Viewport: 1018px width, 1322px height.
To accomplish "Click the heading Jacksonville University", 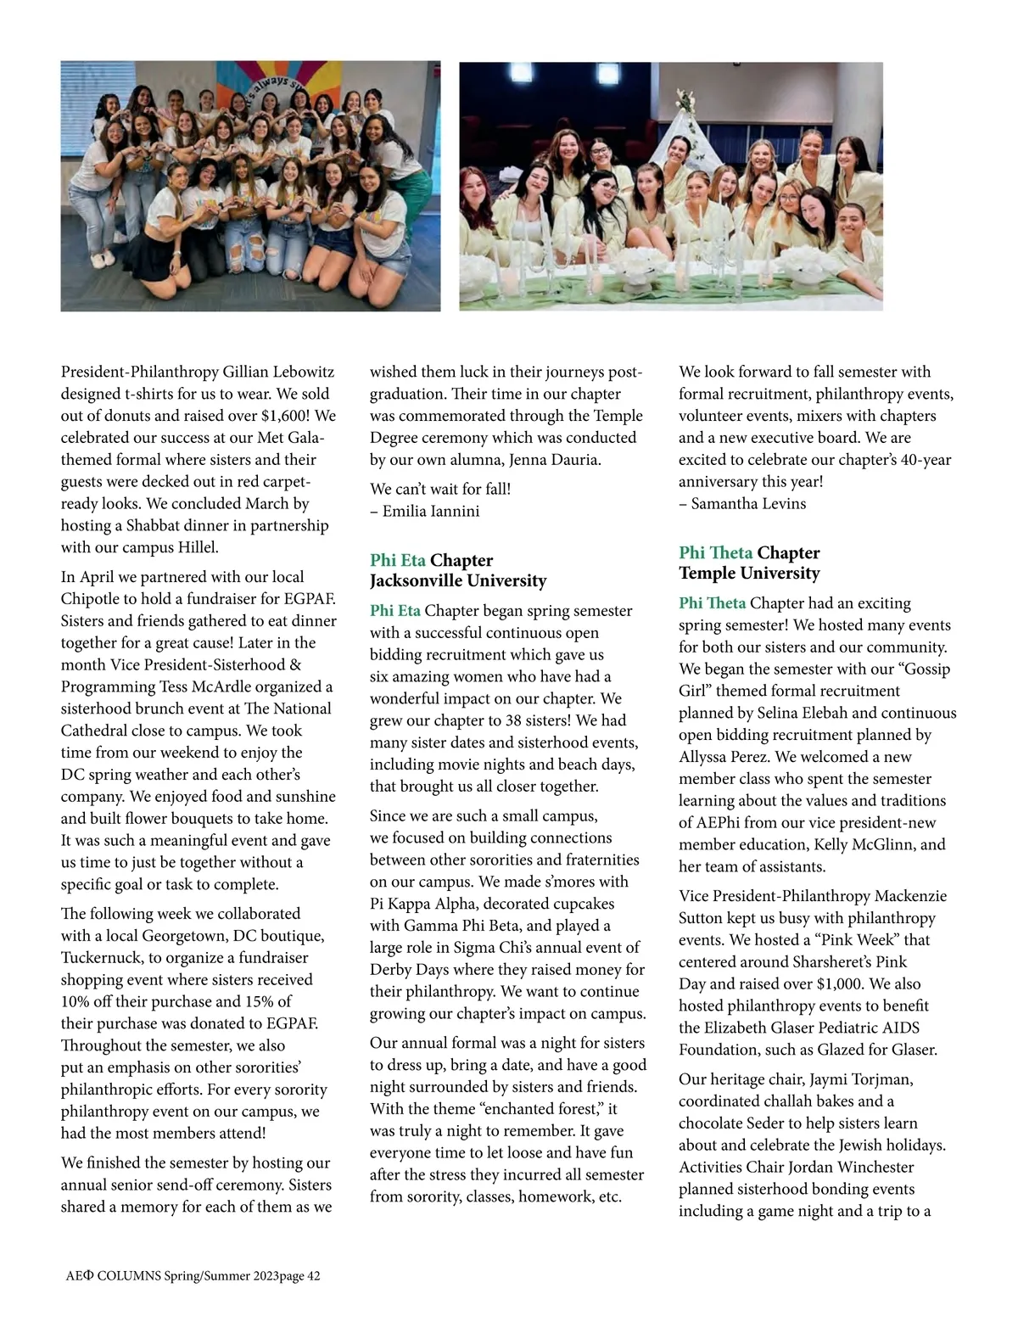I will pyautogui.click(x=458, y=581).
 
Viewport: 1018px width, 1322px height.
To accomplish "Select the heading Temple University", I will pyautogui.click(x=749, y=574).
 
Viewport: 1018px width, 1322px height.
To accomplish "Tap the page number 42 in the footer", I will pyautogui.click(x=314, y=1276).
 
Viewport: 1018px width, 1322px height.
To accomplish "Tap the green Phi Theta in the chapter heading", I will pyautogui.click(x=715, y=553).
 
